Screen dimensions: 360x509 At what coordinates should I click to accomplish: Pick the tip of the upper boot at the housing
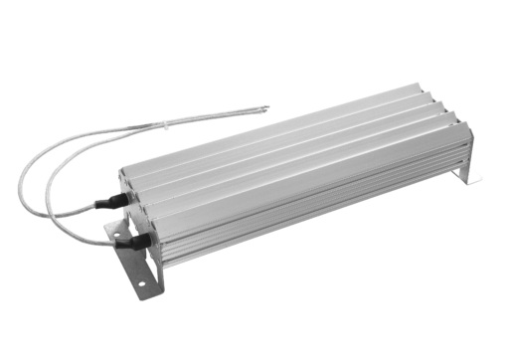pyautogui.click(x=122, y=199)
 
